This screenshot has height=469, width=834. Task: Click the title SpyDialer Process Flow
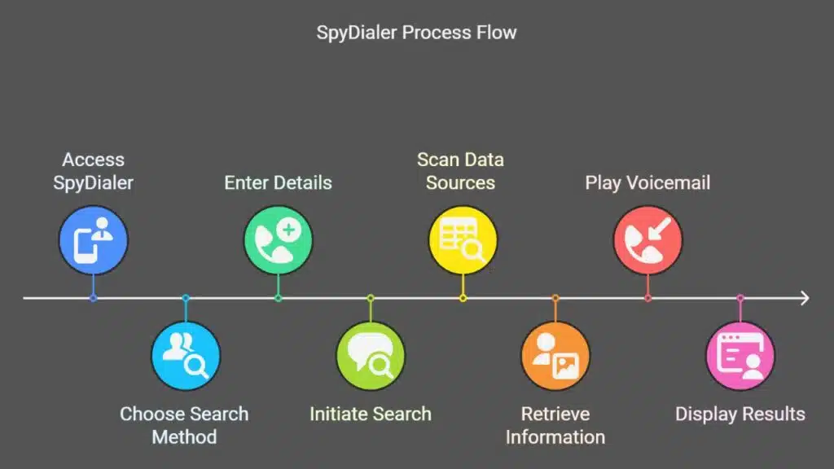point(416,33)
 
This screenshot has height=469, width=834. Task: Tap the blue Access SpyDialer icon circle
point(93,239)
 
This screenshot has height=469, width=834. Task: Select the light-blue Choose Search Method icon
point(186,355)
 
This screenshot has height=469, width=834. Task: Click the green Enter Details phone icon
point(278,239)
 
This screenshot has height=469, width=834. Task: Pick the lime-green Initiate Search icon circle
point(371,355)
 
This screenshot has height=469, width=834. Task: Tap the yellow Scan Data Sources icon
point(463,239)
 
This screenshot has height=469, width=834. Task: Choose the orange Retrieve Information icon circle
point(555,355)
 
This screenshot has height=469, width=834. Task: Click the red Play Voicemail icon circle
point(647,239)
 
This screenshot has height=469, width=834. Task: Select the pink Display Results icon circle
point(740,355)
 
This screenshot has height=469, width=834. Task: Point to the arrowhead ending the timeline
point(805,299)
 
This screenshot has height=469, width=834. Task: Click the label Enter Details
point(278,182)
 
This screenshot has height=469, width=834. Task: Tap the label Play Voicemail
point(647,182)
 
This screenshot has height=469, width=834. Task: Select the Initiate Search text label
point(371,414)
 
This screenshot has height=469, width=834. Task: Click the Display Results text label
point(740,414)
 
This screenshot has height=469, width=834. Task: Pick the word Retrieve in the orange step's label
point(555,414)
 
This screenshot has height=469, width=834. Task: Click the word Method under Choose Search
point(185,436)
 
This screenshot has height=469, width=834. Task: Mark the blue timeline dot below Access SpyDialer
point(93,299)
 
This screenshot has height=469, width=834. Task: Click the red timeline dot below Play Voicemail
point(647,299)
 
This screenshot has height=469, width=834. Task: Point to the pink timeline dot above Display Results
point(740,299)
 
